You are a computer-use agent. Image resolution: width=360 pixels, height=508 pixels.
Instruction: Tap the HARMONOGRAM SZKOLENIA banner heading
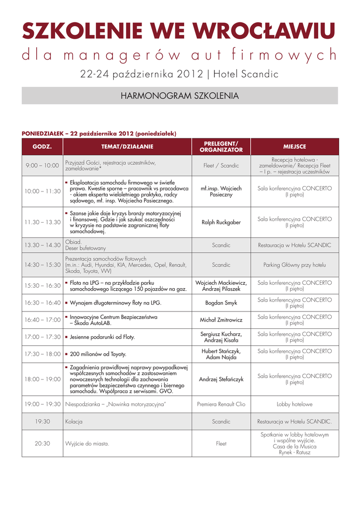(180, 96)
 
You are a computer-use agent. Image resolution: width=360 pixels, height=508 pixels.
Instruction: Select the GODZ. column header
(42, 147)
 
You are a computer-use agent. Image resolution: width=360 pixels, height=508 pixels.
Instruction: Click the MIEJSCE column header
(294, 147)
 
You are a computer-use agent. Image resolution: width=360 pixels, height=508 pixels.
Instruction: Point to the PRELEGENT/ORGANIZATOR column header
(221, 147)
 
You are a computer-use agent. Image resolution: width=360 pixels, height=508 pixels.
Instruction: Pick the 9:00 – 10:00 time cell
(42, 166)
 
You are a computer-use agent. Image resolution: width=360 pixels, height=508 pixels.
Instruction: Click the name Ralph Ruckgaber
(221, 222)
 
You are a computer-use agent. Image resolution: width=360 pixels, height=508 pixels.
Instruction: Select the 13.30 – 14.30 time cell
(42, 245)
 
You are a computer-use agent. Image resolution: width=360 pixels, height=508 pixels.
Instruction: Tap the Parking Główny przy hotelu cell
(294, 265)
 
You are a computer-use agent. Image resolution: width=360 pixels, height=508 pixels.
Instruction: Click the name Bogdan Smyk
(221, 303)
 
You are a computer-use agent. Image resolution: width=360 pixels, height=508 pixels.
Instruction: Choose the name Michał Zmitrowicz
(221, 319)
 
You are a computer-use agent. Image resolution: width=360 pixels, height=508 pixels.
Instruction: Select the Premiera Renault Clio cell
(221, 404)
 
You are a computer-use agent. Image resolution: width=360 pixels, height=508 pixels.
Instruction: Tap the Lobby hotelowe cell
(294, 404)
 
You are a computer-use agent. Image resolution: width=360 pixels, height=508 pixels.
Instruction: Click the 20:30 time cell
(42, 444)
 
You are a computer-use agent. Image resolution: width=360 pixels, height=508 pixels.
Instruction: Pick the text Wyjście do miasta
(87, 444)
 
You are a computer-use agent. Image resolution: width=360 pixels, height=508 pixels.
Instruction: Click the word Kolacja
(73, 422)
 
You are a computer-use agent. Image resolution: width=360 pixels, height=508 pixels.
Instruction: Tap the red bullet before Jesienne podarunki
(67, 337)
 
